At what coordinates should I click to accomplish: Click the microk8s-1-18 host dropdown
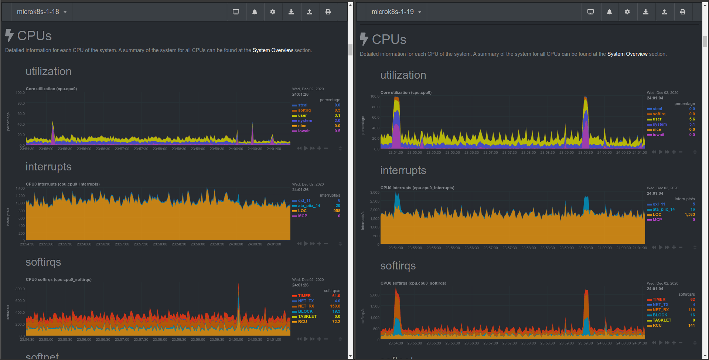[x=41, y=12]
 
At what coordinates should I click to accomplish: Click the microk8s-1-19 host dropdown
[x=396, y=12]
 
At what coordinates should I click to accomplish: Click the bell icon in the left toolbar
[x=255, y=12]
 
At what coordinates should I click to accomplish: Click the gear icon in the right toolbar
[x=627, y=12]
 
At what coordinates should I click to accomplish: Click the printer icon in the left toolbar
[x=328, y=12]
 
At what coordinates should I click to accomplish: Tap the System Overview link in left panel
[x=272, y=50]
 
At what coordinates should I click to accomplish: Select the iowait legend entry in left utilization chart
[x=304, y=131]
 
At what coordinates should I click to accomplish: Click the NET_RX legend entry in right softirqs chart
[x=661, y=310]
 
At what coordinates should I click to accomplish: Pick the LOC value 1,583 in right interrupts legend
[x=689, y=214]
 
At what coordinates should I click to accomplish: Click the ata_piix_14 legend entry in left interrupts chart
[x=309, y=206]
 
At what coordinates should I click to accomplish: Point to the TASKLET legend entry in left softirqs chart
[x=307, y=316]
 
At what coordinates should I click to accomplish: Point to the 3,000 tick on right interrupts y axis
[x=375, y=192]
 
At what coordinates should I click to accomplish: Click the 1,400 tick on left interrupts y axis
[x=20, y=189]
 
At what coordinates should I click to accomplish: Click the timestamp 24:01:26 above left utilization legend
[x=300, y=94]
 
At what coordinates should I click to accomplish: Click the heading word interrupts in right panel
[x=403, y=170]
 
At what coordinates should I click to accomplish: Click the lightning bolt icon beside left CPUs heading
[x=9, y=35]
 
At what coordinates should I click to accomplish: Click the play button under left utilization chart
[x=306, y=148]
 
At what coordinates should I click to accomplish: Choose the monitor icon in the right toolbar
[x=590, y=12]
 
